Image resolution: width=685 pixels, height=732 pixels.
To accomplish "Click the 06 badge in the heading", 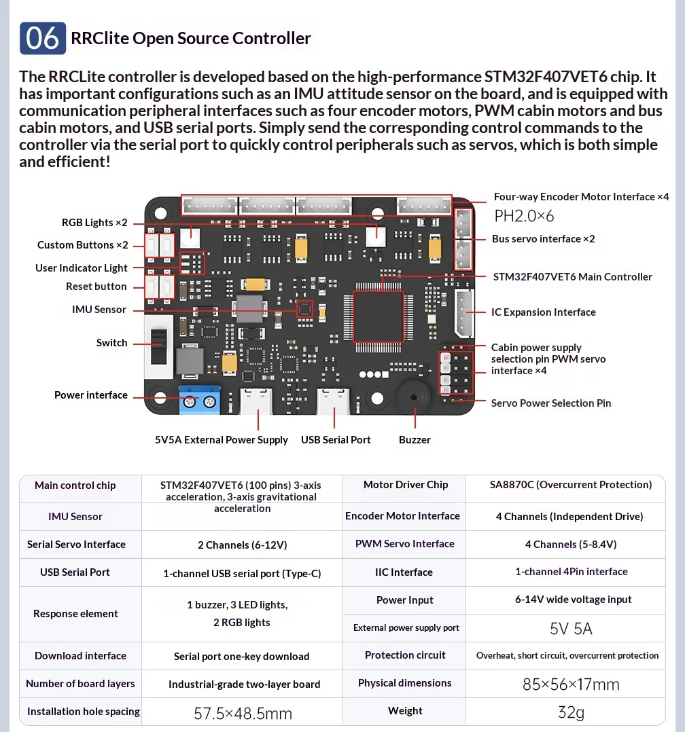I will click(x=43, y=38).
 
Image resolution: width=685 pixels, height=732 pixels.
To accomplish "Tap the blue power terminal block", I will click(x=199, y=401).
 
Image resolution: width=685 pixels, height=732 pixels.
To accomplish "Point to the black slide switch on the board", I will click(x=159, y=346).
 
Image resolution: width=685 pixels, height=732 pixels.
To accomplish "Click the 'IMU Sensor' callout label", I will click(x=99, y=310).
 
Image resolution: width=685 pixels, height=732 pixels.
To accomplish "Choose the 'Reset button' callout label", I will click(x=96, y=287).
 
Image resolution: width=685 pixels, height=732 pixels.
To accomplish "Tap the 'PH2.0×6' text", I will click(x=524, y=216).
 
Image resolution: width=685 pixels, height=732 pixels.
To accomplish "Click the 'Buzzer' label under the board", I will click(x=415, y=440).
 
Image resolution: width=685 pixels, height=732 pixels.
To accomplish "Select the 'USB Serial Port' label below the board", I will click(x=336, y=440).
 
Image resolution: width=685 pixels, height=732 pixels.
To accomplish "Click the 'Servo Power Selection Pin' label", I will click(x=551, y=403).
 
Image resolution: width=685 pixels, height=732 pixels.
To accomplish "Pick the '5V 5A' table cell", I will click(x=571, y=629).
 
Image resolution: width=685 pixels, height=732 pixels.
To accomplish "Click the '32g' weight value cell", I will click(x=571, y=712).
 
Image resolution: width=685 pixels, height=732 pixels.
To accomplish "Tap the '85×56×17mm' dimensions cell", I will click(x=571, y=684).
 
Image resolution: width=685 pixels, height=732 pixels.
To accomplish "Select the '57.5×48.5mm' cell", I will click(x=243, y=713).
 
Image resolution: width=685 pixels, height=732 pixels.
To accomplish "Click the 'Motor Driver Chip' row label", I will click(x=406, y=485).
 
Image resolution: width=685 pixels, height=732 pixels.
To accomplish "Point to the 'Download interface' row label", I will click(x=80, y=656).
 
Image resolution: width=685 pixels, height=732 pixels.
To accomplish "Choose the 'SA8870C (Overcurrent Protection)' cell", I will click(x=571, y=485).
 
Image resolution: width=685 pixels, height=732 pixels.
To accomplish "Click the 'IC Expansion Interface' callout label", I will click(x=544, y=312).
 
